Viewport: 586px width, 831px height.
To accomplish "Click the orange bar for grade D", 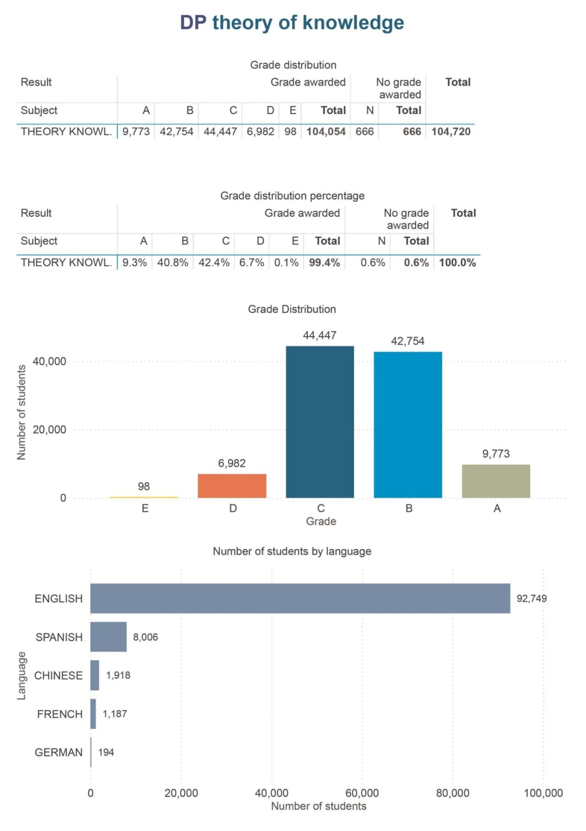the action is pos(232,486).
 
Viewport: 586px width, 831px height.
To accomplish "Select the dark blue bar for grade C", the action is pos(320,422).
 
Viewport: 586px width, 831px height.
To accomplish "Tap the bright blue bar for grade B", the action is pos(407,425).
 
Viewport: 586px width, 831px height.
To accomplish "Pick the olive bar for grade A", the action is pos(496,481).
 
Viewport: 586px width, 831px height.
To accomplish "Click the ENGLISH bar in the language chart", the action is pos(300,598).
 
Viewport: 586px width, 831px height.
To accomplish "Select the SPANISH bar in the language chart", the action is pos(109,636).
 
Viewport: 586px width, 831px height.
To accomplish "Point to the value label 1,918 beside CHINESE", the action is pos(118,675).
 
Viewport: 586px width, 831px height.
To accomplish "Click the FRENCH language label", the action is pos(60,714).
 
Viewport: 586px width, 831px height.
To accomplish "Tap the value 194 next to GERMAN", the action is pos(106,752).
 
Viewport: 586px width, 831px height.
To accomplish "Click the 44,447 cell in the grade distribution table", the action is pos(220,132).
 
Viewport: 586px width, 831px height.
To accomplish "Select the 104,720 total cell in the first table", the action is pos(451,132).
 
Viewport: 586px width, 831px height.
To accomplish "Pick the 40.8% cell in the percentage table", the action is pos(173,263).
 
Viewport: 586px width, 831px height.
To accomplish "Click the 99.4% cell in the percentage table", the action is pos(324,263).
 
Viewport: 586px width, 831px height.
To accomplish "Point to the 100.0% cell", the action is pos(457,263).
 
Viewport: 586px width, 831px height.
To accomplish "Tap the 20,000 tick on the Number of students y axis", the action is pos(49,430).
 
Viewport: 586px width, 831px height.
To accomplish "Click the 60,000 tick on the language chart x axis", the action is pos(362,793).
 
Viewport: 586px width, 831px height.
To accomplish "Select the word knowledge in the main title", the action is pos(353,23).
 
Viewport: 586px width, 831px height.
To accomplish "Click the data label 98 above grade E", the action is pos(144,486).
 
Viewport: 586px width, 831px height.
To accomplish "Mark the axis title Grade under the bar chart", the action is pos(321,521).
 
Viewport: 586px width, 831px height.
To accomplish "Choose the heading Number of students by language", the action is pos(292,551).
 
